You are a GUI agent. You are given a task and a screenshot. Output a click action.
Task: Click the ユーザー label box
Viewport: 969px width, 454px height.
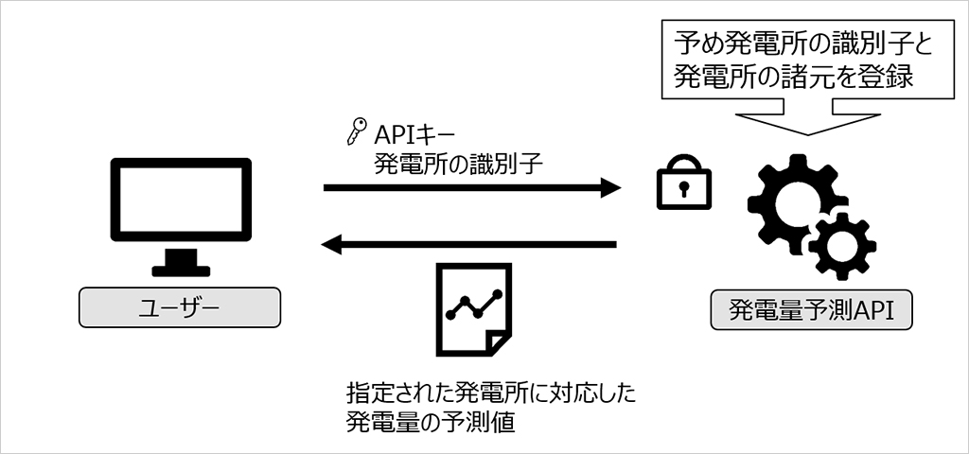(179, 308)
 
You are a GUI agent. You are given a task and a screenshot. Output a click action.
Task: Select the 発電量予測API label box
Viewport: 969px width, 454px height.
(811, 309)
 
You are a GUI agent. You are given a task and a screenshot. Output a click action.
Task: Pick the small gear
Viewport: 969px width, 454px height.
(841, 245)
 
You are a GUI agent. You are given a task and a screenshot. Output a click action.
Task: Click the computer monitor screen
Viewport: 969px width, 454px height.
(181, 200)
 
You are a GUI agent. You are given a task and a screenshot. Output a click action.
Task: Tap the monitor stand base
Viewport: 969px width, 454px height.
(181, 271)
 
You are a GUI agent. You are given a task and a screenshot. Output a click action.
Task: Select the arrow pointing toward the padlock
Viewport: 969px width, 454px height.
(472, 187)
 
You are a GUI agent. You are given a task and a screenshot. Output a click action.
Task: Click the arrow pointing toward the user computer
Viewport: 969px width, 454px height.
(469, 245)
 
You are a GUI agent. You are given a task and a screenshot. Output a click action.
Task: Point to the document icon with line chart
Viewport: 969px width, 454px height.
(474, 309)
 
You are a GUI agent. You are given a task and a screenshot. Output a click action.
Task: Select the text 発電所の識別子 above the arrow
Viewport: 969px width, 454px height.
(458, 165)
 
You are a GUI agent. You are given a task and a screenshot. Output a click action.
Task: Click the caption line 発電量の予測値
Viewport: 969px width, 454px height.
(431, 423)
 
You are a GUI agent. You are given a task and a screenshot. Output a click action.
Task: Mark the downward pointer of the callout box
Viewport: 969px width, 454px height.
(809, 124)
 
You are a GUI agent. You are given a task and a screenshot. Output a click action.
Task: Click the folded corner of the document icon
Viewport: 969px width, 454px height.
(498, 343)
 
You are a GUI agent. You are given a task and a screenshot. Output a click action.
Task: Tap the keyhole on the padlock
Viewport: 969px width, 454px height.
(683, 188)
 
